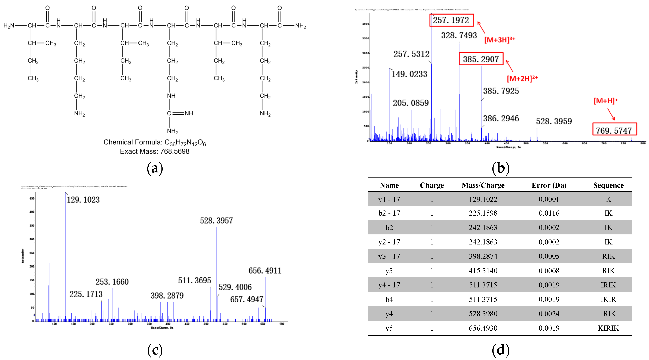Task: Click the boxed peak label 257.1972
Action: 451,20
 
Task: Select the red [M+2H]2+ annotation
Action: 522,79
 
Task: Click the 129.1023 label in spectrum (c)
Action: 83,200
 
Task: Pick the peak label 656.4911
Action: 265,271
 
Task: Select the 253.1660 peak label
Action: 112,282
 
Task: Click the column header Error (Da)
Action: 549,185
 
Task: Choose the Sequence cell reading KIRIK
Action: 608,328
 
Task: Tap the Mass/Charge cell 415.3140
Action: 483,271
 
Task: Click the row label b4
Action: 389,299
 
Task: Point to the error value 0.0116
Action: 549,213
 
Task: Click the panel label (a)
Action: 155,168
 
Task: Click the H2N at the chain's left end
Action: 9,26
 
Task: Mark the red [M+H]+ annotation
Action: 606,101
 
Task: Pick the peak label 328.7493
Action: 459,35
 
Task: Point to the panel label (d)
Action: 500,350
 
